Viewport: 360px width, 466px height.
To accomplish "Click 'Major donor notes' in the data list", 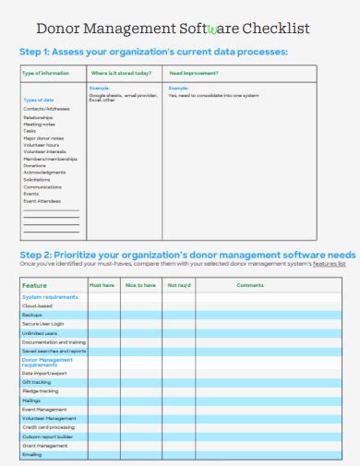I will (x=43, y=137).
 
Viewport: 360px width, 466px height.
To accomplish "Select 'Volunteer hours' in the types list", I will (x=41, y=145).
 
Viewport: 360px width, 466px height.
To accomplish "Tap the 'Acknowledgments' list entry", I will (x=44, y=172).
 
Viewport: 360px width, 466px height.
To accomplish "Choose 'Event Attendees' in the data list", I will (x=42, y=200).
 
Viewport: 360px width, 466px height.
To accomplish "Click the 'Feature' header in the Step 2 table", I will (x=35, y=285).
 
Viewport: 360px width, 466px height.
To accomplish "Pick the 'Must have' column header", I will (x=102, y=285).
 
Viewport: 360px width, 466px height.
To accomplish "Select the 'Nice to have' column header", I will (x=140, y=285).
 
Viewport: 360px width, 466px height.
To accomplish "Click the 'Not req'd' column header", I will (x=178, y=285).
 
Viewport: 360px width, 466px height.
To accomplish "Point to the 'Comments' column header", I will (x=250, y=285).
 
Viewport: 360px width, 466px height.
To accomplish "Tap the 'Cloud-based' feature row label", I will (x=38, y=305).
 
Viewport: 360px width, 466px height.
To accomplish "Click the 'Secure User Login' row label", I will (x=43, y=324).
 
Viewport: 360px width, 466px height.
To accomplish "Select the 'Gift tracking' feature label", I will (x=37, y=381).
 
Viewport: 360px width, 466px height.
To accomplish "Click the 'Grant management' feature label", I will (x=42, y=445).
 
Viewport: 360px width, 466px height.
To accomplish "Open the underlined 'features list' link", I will (x=329, y=264).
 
